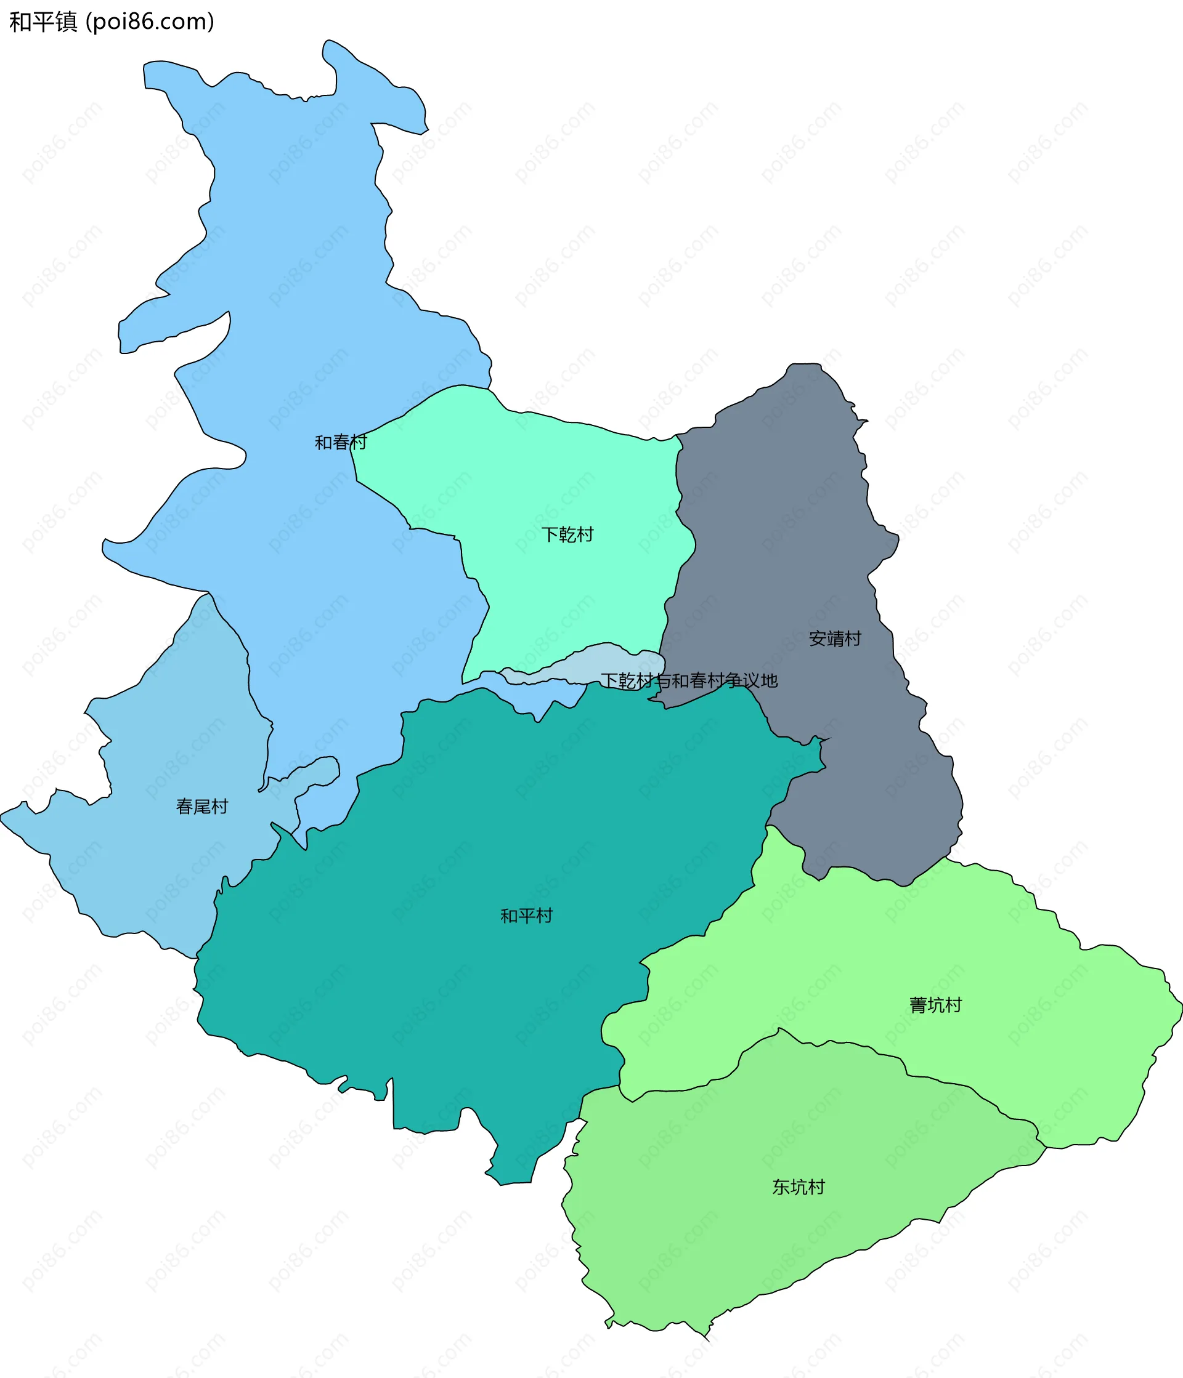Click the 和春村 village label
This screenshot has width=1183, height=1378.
pyautogui.click(x=340, y=442)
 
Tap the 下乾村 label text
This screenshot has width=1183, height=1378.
pyautogui.click(x=567, y=534)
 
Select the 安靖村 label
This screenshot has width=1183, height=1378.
pyautogui.click(x=834, y=639)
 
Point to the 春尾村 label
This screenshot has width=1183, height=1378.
pyautogui.click(x=201, y=807)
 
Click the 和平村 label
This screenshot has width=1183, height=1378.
pyautogui.click(x=526, y=916)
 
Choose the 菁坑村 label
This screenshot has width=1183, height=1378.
pyautogui.click(x=935, y=1005)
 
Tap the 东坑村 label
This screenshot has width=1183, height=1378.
pyautogui.click(x=798, y=1187)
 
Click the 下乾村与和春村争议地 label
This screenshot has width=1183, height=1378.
pyautogui.click(x=689, y=680)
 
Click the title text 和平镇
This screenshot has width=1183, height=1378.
pyautogui.click(x=43, y=22)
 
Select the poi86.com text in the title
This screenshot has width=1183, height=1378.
pyautogui.click(x=150, y=22)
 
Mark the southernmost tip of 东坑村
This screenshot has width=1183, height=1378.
pyautogui.click(x=708, y=1339)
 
